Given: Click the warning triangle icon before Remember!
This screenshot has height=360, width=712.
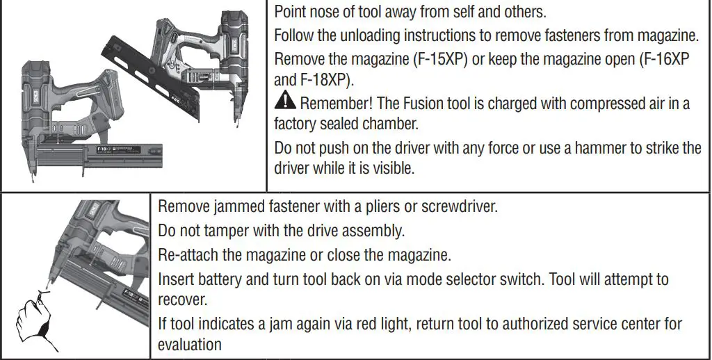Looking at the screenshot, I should point(285,103).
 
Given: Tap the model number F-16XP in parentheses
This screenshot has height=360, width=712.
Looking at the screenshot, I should point(663,58).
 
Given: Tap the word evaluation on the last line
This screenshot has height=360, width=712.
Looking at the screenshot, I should point(189,345).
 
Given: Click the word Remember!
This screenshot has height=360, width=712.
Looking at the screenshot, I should point(334,104).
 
